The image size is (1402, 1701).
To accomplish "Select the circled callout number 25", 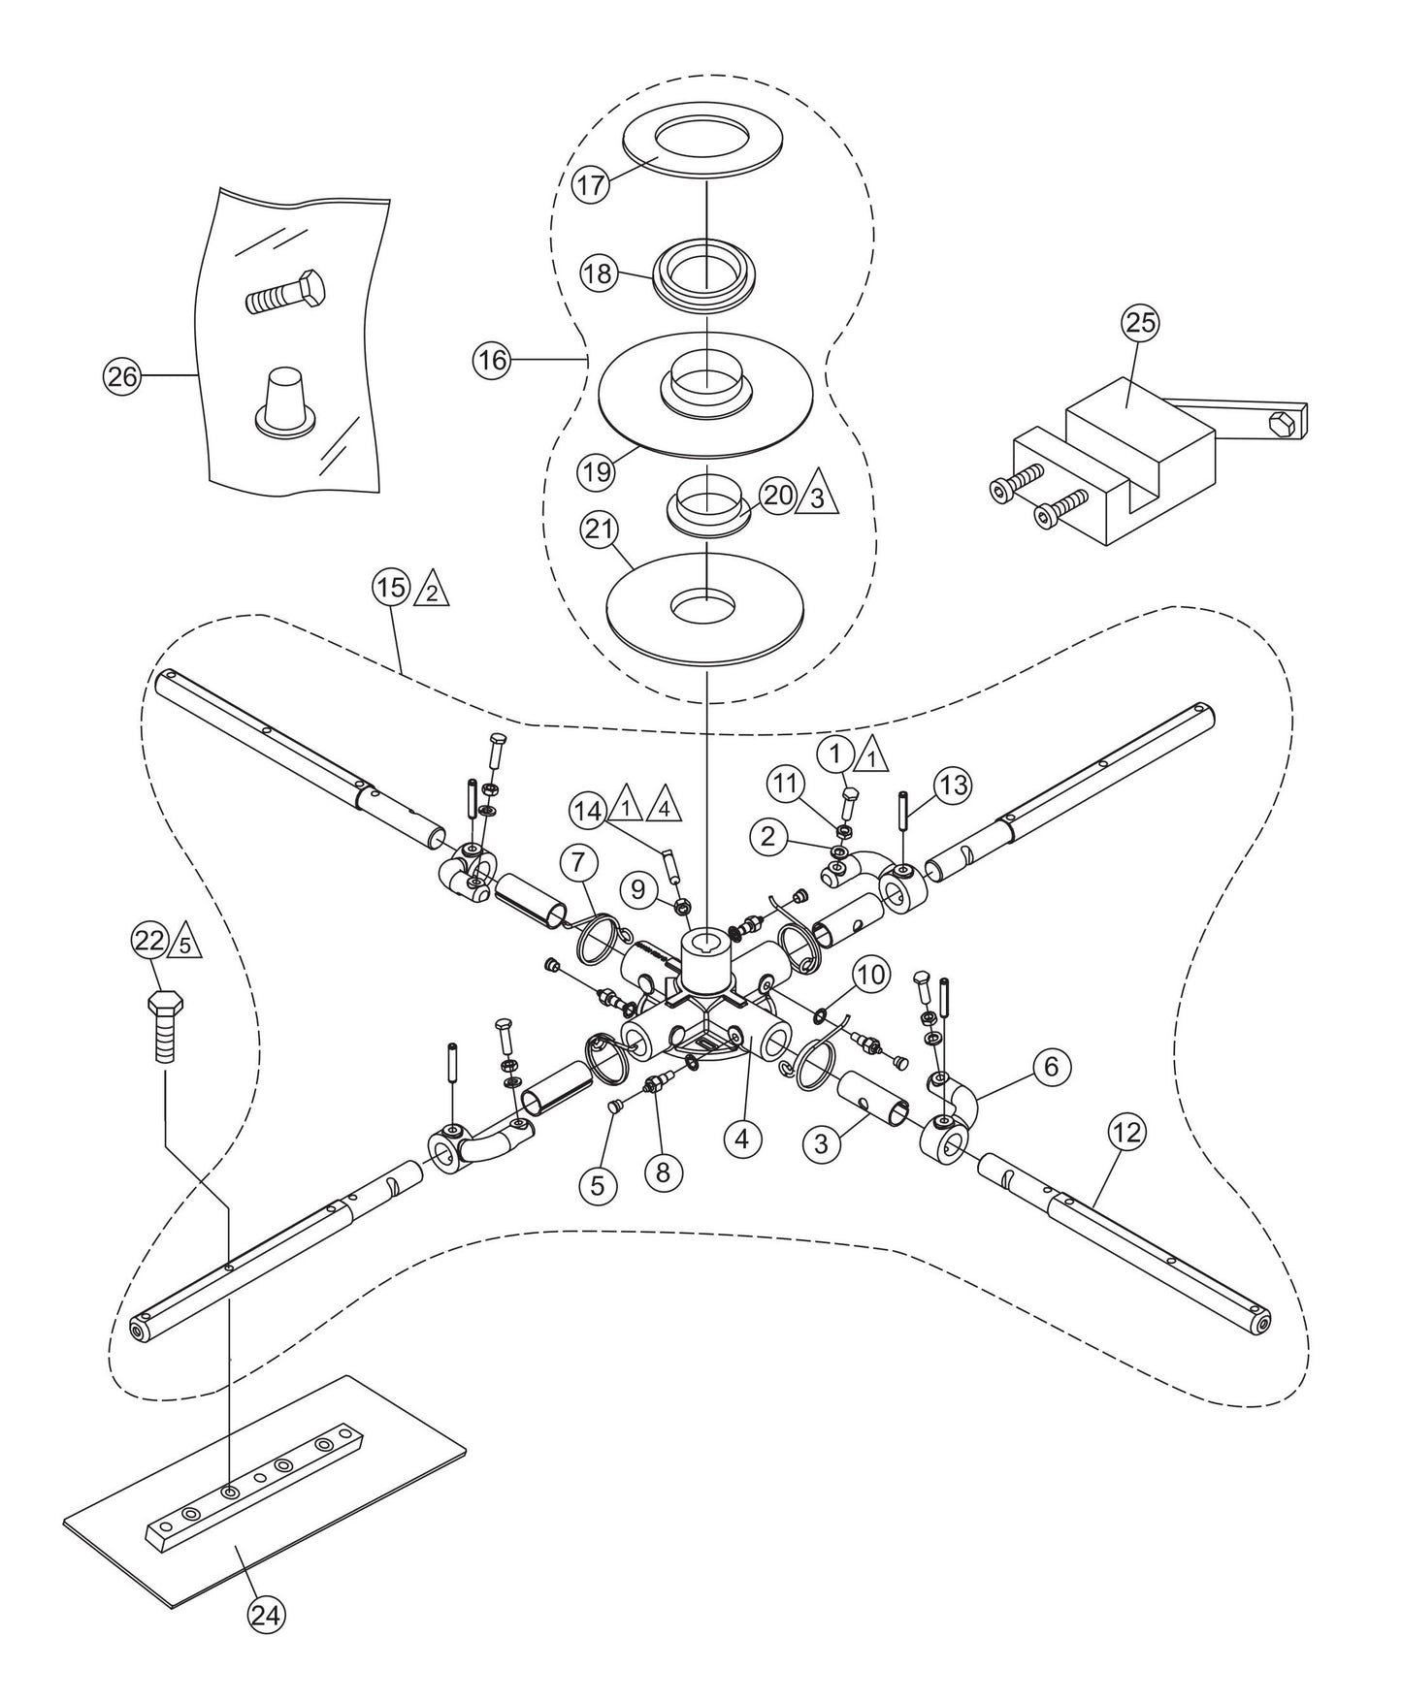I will [x=1141, y=324].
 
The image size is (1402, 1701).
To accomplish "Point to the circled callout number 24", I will [x=268, y=1615].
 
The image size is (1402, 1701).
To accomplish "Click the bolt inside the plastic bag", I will [x=284, y=293].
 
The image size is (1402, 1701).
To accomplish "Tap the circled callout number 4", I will [x=741, y=1140].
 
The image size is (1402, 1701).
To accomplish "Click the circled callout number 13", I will [x=954, y=786].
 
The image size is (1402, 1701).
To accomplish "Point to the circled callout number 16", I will [x=492, y=361].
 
